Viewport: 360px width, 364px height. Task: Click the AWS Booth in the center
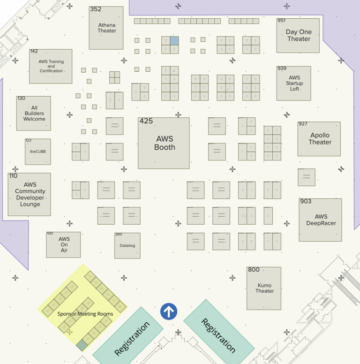[164, 143]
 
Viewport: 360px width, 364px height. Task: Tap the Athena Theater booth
[106, 28]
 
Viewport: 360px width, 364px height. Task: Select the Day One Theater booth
[298, 36]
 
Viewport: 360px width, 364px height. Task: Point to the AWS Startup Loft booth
[294, 83]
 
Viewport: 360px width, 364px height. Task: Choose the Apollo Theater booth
[320, 139]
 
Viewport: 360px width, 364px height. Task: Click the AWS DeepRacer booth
[321, 220]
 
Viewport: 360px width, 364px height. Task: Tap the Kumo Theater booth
[264, 288]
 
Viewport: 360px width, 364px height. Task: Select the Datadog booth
[127, 245]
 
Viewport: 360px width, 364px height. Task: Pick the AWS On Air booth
[64, 244]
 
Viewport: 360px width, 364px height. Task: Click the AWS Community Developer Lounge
[30, 195]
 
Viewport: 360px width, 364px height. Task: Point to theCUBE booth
[38, 152]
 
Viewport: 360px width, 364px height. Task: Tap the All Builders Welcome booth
[34, 114]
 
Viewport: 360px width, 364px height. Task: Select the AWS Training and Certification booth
[51, 66]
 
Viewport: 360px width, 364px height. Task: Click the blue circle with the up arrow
[169, 311]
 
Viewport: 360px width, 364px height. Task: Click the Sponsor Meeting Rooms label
[85, 314]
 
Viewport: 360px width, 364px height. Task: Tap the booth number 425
[146, 121]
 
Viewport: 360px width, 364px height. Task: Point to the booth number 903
[306, 201]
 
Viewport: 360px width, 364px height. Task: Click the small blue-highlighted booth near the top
[174, 41]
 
